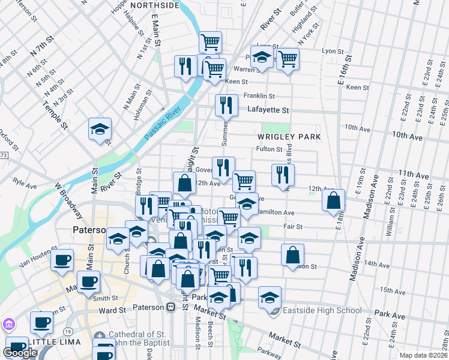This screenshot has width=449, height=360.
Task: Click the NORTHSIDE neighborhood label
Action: click(x=154, y=5)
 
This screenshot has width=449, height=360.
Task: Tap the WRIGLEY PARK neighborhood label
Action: click(x=289, y=137)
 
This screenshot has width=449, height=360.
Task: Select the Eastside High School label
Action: click(x=320, y=310)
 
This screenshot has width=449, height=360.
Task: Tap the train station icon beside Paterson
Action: click(x=171, y=307)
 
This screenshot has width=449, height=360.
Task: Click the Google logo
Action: click(x=20, y=353)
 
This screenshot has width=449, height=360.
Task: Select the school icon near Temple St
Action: click(x=100, y=130)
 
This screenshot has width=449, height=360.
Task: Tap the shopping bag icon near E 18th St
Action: click(x=334, y=201)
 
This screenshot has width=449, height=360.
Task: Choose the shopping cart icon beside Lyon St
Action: click(x=288, y=59)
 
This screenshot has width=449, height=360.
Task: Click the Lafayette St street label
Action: click(x=268, y=110)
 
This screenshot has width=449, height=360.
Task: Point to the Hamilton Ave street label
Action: click(x=276, y=212)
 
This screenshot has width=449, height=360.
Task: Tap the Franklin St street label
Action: click(x=259, y=96)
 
